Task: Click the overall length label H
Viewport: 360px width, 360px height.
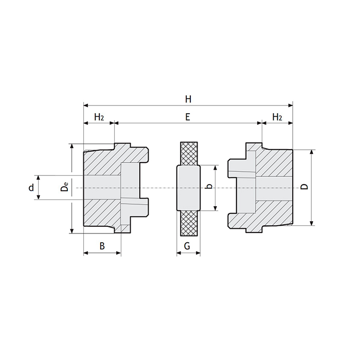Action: coord(188,98)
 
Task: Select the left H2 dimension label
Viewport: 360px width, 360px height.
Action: coord(99,117)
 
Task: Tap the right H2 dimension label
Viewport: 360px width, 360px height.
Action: coord(277,117)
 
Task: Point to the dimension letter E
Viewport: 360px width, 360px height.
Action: coord(188,117)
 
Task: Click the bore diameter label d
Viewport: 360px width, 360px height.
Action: coord(31,188)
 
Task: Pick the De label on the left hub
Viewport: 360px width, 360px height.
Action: coord(64,187)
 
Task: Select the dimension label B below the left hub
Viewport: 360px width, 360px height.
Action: coord(102,246)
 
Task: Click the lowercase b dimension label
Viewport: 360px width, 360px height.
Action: coord(207,187)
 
